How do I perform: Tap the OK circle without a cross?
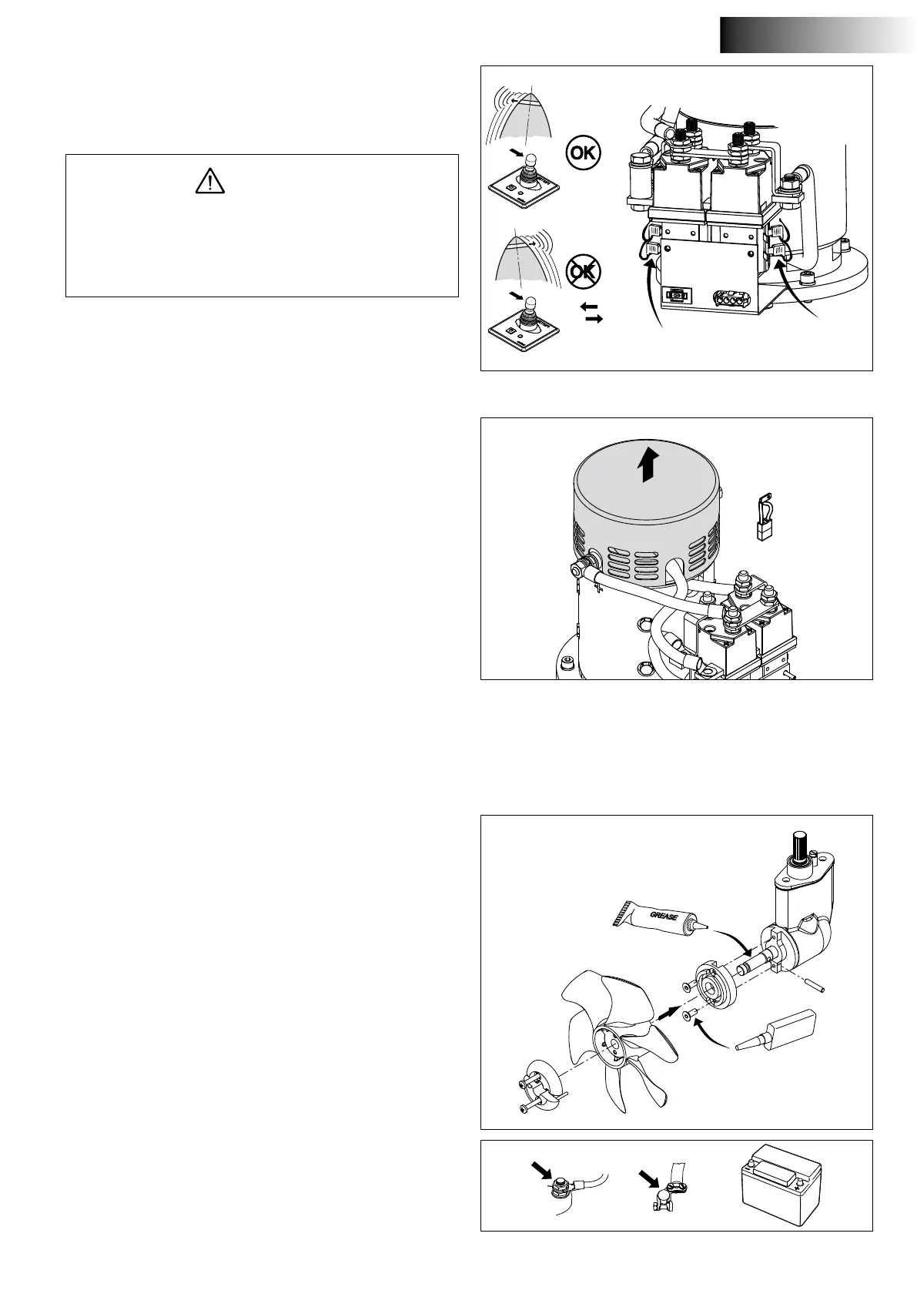(584, 152)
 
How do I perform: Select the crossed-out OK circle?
(583, 271)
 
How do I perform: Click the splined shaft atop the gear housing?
(797, 847)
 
